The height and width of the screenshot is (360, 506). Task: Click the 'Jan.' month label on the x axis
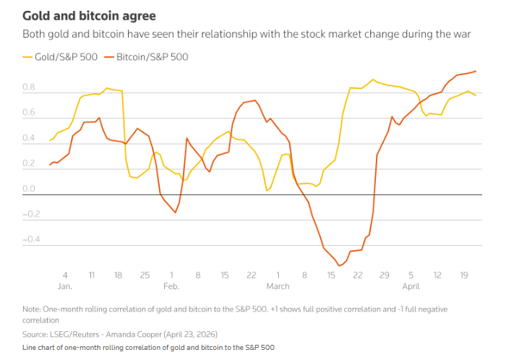click(65, 286)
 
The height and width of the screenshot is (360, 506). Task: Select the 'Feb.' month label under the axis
click(171, 286)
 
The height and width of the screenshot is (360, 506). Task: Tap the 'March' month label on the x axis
click(278, 286)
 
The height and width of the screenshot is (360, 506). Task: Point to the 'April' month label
click(411, 286)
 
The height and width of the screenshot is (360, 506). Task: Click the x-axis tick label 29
click(385, 275)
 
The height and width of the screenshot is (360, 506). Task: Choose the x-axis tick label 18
click(119, 275)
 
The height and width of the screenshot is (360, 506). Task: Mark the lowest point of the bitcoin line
click(338, 266)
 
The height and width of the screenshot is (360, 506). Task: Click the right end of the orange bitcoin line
click(476, 71)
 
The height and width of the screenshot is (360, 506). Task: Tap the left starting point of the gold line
click(50, 140)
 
